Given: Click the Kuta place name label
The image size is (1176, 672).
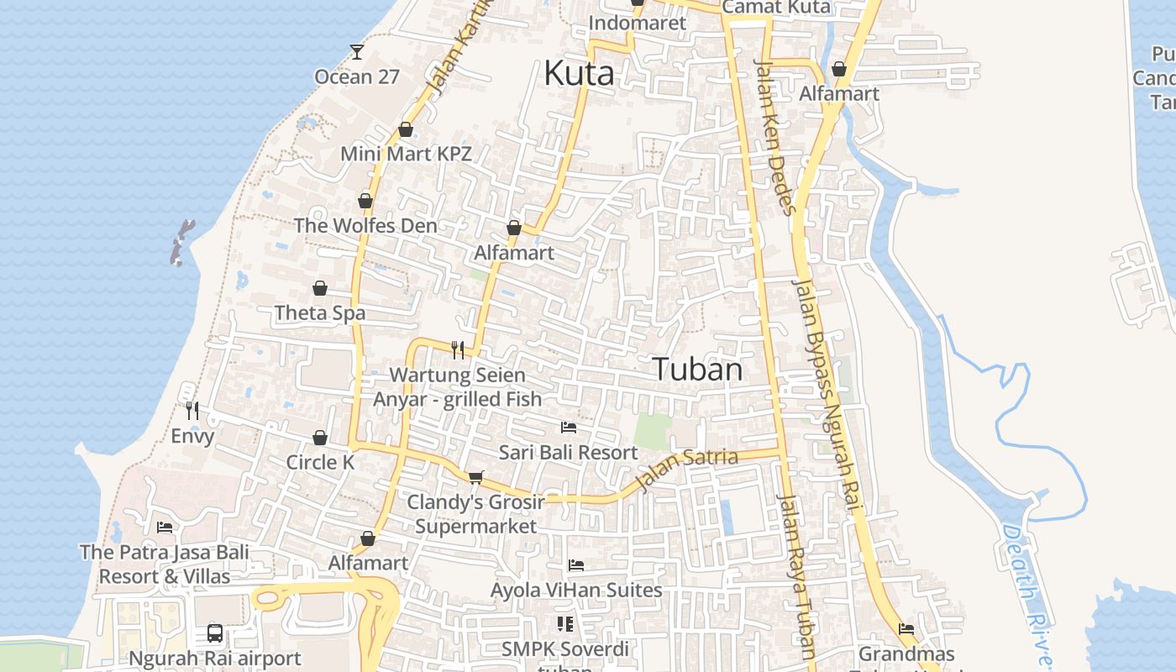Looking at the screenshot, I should point(579,74).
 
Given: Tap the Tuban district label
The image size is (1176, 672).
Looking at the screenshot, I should point(697,370).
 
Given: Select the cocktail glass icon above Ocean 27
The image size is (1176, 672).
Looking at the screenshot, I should point(357,52).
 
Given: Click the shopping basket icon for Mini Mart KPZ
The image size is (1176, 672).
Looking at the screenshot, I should point(406,130).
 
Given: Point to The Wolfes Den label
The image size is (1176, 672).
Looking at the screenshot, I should point(365,226).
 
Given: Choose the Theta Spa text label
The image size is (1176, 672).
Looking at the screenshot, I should point(320,313).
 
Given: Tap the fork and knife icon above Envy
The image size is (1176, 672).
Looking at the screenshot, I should point(192,411).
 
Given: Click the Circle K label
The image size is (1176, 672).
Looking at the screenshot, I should point(320,463).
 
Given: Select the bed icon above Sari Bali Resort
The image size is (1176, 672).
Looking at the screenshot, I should point(569,428).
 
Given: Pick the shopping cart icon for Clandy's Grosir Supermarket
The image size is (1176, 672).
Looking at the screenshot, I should point(475,478).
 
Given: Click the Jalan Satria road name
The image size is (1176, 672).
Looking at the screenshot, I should point(687,468).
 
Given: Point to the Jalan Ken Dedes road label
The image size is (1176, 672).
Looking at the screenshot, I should point(774,137).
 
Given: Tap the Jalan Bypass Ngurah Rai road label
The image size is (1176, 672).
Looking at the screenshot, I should point(828,395).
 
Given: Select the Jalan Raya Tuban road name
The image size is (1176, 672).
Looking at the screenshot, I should point(796,575).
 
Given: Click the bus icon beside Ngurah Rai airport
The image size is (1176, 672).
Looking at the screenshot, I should point(215,633).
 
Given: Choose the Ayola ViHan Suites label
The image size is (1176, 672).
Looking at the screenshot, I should point(576,591).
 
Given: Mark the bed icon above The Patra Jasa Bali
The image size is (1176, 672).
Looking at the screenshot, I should point(165,528).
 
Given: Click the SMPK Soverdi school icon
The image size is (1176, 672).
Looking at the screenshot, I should point(564,624).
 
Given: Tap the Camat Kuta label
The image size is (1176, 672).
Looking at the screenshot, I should point(776,8).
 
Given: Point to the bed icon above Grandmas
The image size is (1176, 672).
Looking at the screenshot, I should point(906,628).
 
